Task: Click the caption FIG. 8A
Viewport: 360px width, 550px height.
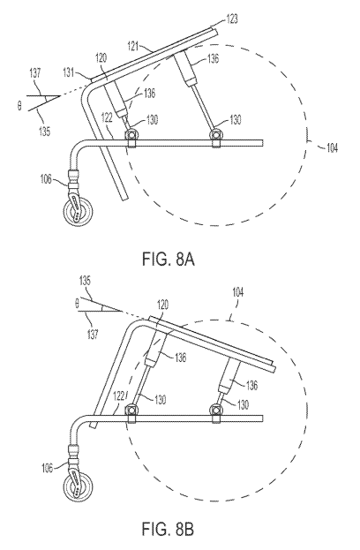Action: pyautogui.click(x=169, y=260)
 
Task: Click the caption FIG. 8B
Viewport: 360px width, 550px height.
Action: pyautogui.click(x=168, y=529)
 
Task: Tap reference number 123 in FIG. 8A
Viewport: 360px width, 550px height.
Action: pyautogui.click(x=232, y=19)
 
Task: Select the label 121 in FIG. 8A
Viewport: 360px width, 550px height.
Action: pyautogui.click(x=133, y=46)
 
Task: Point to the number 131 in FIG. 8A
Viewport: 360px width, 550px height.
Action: pyautogui.click(x=69, y=72)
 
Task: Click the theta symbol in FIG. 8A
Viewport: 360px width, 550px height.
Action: pyautogui.click(x=19, y=105)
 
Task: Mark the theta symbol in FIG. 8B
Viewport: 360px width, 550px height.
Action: pyautogui.click(x=77, y=304)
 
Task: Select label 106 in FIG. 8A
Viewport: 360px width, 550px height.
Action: pyautogui.click(x=45, y=179)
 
